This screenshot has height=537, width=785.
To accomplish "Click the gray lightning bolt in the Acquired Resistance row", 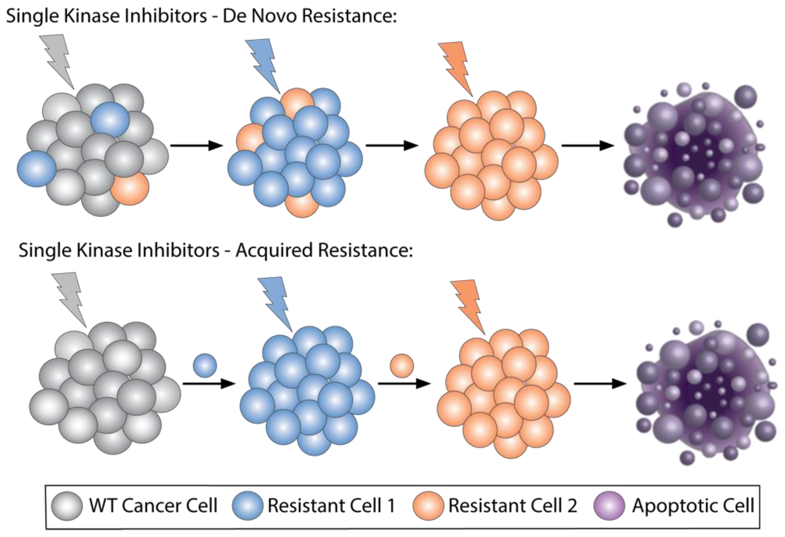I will (x=69, y=297).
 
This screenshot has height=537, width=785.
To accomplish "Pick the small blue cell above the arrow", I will (x=205, y=365).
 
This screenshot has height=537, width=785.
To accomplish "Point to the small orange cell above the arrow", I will (x=402, y=366).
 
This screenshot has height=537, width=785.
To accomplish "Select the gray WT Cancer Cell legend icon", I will (x=67, y=506).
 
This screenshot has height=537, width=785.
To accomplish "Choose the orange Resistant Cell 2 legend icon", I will (x=428, y=506).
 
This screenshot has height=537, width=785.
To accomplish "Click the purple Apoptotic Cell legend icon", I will (x=609, y=506).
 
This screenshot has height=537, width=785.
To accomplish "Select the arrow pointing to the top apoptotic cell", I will (x=588, y=146).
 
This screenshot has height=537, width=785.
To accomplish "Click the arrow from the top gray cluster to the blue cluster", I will (x=197, y=146).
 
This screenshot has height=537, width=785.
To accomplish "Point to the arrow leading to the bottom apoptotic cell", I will (x=600, y=384).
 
